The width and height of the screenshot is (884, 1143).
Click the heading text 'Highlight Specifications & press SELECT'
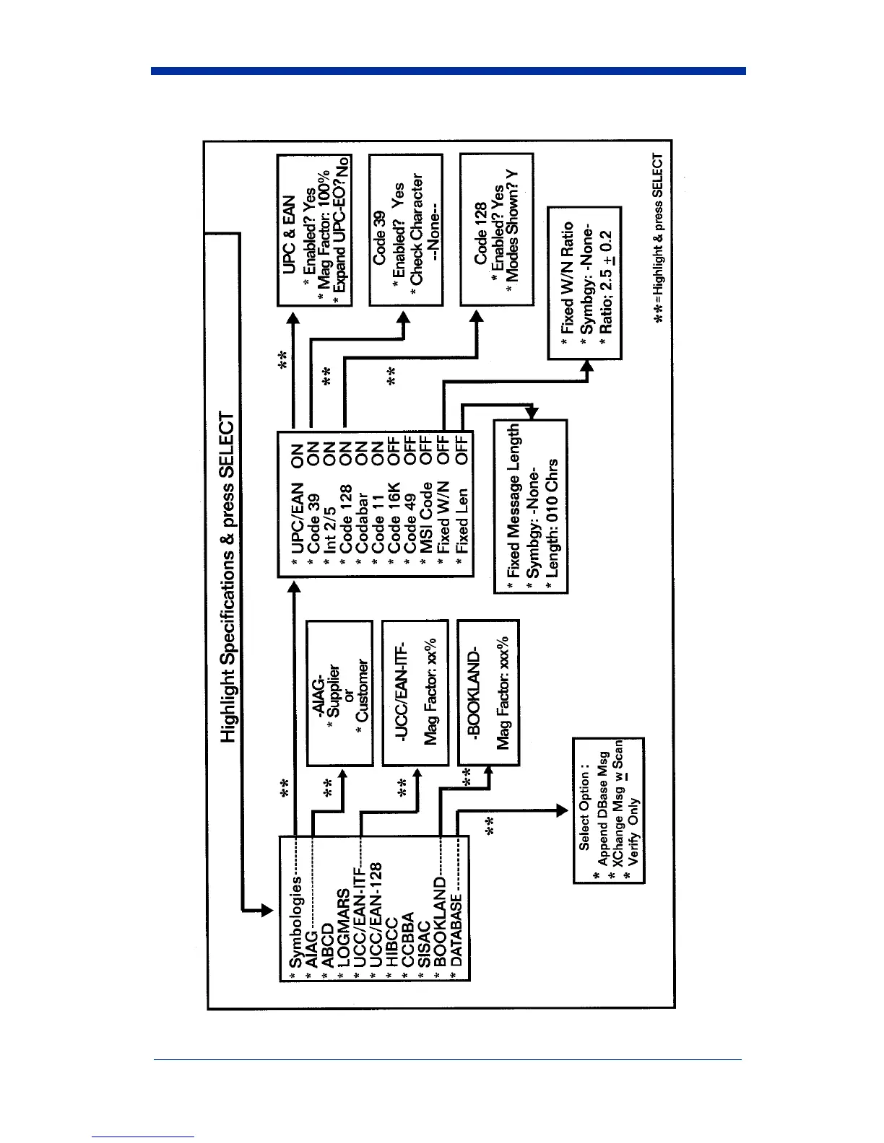[x=227, y=577]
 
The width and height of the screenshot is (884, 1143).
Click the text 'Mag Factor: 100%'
[x=322, y=230]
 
